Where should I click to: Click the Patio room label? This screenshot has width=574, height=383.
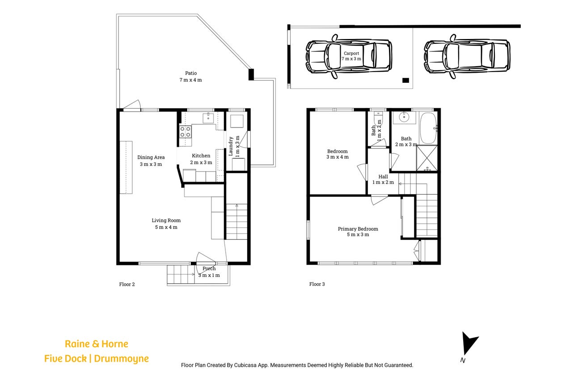(190, 77)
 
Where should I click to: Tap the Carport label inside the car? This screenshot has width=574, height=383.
(351, 56)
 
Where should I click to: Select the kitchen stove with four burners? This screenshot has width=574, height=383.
(185, 132)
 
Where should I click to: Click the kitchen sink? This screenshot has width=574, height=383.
(208, 118)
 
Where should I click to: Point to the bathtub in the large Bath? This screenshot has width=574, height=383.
(428, 128)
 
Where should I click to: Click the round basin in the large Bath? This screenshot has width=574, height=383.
(404, 117)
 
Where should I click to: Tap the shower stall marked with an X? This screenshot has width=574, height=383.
(426, 158)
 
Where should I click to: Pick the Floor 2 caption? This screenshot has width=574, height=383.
(127, 284)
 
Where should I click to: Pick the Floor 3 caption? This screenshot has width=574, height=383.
(317, 284)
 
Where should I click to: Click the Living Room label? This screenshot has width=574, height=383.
(166, 224)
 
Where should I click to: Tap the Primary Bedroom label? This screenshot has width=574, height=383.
(358, 232)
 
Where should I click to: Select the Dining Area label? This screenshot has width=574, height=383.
(151, 161)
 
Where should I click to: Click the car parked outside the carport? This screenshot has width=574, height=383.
(467, 56)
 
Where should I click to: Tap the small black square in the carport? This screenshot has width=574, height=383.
(405, 80)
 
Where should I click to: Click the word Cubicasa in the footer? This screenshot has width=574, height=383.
(245, 365)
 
